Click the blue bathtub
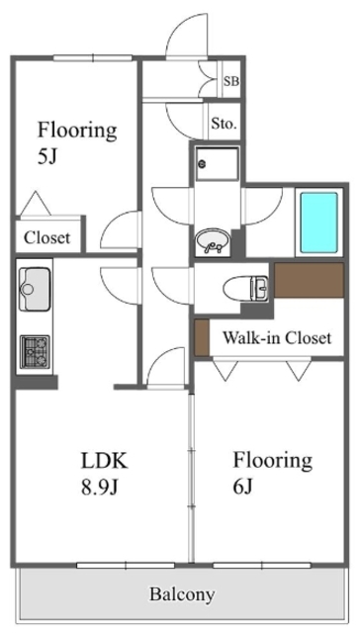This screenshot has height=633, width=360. tap(318, 222)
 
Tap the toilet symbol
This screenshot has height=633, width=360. tap(243, 288)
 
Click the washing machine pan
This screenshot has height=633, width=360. tap(216, 164)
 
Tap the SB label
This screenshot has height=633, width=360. tap(230, 81)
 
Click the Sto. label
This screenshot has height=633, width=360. tap(224, 125)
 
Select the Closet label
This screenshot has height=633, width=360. tap(47, 237)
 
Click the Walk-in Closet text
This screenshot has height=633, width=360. tap(276, 338)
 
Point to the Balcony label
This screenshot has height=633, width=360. tap(182, 594)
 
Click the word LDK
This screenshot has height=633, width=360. tap(104, 461)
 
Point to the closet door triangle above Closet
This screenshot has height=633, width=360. tap(36, 205)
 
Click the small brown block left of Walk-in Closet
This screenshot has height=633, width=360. tap(202, 338)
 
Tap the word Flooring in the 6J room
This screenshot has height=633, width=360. tap(272, 460)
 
